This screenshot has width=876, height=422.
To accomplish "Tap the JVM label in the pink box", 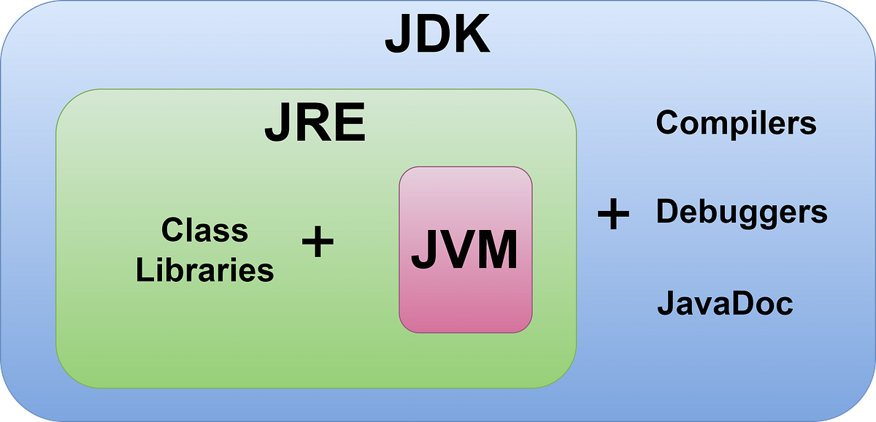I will [x=464, y=250].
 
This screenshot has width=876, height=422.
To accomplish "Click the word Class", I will [x=204, y=231].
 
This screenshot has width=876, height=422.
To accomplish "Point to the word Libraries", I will [x=204, y=270].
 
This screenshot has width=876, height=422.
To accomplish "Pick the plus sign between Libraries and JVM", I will [x=318, y=242].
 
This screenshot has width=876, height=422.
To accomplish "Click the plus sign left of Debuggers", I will [x=613, y=215].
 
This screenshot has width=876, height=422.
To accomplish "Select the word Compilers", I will [x=736, y=123].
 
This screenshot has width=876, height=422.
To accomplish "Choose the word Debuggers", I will [x=742, y=212].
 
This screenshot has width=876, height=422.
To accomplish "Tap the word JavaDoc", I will [x=725, y=302].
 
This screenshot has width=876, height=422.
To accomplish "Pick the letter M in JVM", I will [x=496, y=250].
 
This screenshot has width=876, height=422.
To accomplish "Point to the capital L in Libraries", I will [x=142, y=270].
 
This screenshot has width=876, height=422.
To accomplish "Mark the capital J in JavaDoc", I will [x=665, y=302].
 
